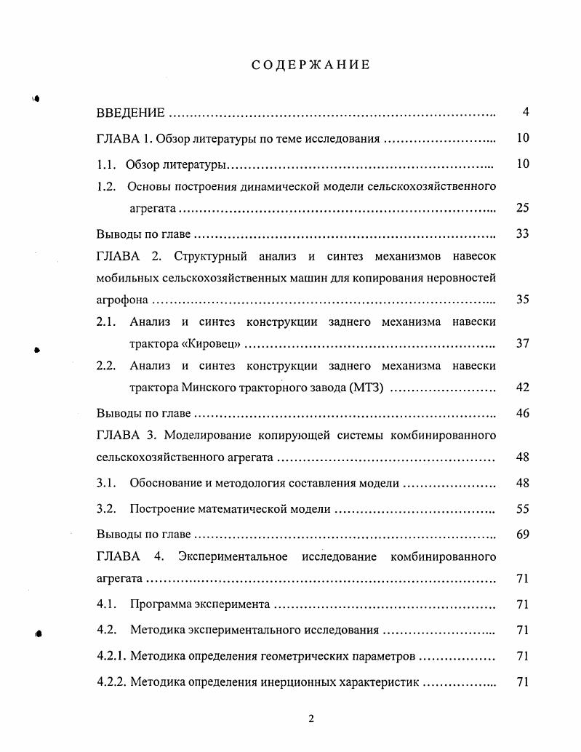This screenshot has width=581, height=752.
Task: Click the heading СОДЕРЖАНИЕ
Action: (x=310, y=65)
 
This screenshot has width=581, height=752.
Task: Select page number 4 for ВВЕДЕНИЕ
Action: (x=525, y=112)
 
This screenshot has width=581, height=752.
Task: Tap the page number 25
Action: (x=522, y=208)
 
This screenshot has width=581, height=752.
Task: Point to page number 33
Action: (x=522, y=233)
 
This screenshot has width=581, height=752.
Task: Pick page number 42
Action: (x=522, y=387)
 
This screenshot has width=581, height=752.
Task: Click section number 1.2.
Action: (x=106, y=186)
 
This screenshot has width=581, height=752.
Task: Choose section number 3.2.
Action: (x=106, y=509)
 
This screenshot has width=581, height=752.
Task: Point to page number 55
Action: (x=522, y=509)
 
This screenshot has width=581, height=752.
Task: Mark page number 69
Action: (x=522, y=535)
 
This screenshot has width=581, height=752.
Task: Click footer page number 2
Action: (x=310, y=719)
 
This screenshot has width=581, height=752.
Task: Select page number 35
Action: (x=522, y=299)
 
